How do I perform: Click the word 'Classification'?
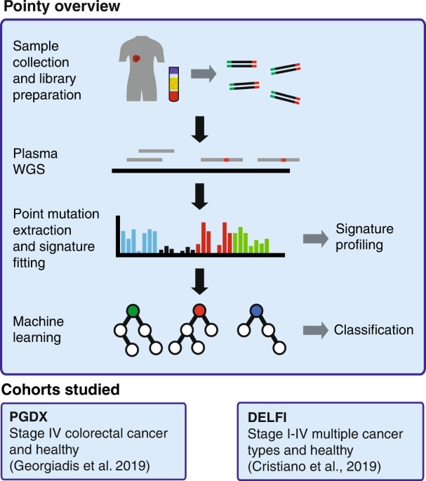point(373,329)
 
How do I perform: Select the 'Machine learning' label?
point(39,329)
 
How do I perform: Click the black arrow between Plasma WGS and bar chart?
point(201,197)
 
